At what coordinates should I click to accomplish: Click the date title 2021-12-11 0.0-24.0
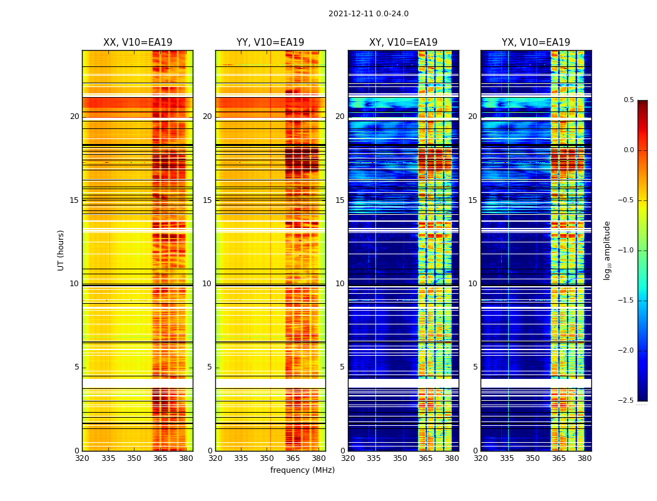tap(368, 14)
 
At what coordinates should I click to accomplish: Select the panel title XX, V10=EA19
tap(138, 43)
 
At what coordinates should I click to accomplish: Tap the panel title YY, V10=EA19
tap(270, 43)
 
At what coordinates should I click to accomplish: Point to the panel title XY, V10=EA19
tap(403, 43)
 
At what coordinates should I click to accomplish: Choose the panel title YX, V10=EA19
tap(536, 43)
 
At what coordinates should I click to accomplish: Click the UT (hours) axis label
tap(61, 250)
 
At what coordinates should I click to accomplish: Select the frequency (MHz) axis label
tap(302, 470)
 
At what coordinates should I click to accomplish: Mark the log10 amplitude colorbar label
tap(607, 250)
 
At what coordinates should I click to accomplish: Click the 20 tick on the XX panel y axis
tap(74, 116)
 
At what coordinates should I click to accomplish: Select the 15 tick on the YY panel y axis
tap(207, 200)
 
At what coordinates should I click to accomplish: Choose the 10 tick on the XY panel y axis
tap(340, 284)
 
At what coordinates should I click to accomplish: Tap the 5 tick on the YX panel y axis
tap(475, 367)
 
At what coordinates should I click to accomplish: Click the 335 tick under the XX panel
tap(108, 458)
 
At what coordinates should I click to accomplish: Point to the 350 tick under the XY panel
tap(400, 458)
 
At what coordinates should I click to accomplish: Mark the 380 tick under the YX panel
tap(584, 458)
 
